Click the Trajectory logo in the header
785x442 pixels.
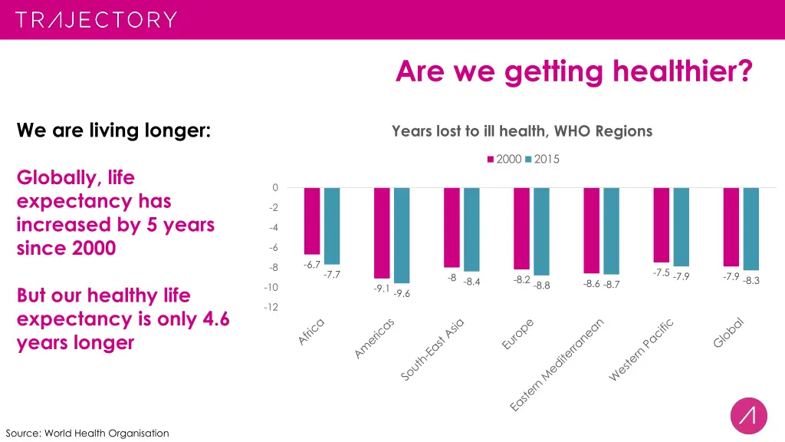[x=96, y=19]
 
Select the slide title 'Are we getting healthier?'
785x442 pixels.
[x=574, y=72]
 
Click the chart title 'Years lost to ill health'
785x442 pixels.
[x=521, y=131]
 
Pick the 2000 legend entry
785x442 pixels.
[x=504, y=160]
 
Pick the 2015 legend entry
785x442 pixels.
[x=542, y=160]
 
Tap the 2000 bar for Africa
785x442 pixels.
[x=312, y=221]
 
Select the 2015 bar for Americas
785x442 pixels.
[x=402, y=236]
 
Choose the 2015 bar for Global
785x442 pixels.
[x=751, y=229]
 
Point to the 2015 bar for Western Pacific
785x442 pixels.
[x=681, y=227]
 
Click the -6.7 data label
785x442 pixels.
[x=312, y=265]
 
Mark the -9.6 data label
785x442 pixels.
[x=402, y=294]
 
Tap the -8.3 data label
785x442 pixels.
[x=751, y=281]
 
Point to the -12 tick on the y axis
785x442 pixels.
[x=271, y=308]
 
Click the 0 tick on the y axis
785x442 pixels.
[x=274, y=188]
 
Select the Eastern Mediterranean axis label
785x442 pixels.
[x=558, y=363]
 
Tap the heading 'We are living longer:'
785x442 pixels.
[x=114, y=131]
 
